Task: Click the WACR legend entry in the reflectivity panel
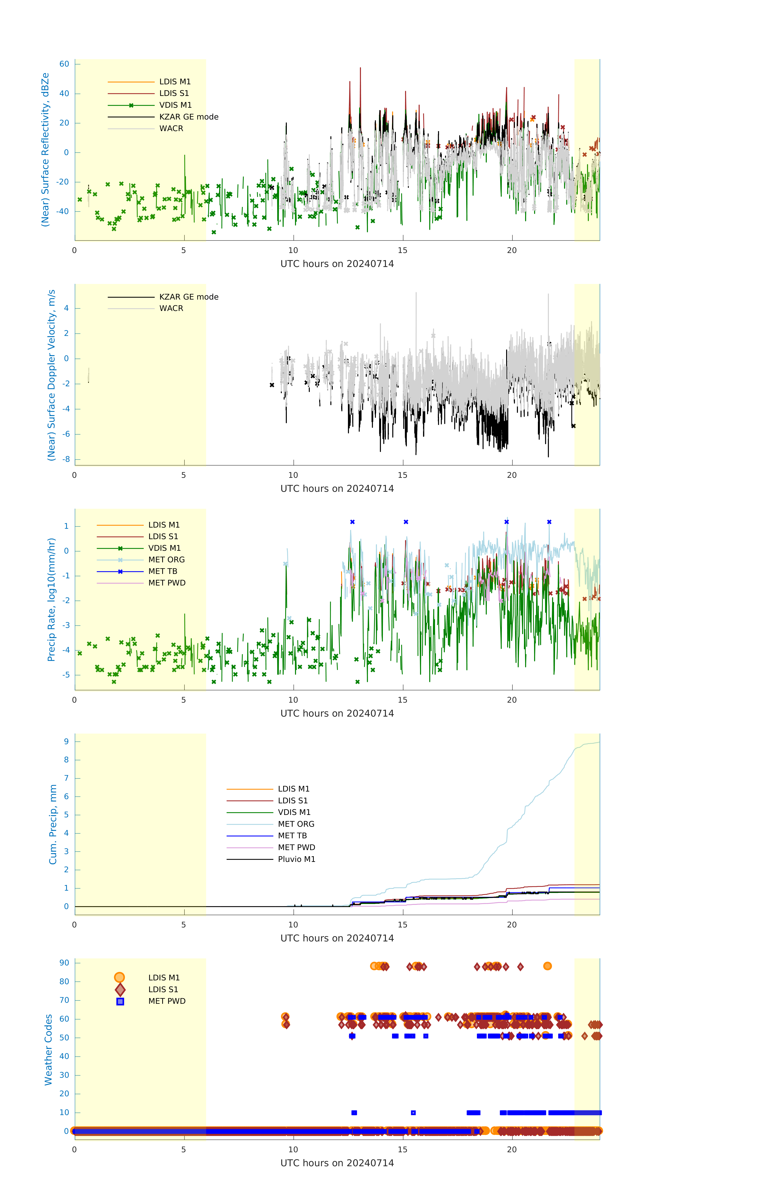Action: (171, 128)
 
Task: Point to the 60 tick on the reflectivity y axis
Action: (64, 64)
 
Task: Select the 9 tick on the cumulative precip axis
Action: (66, 741)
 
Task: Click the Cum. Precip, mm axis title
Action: (53, 825)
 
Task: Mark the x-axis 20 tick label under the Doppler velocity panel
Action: (512, 475)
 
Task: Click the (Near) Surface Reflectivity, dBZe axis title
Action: (45, 149)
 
